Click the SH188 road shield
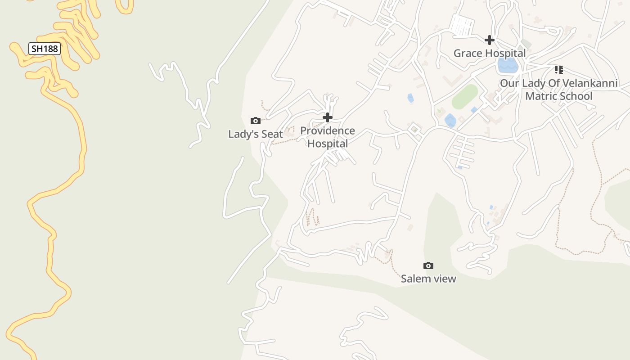45,49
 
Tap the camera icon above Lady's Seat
256,121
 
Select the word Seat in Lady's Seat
272,134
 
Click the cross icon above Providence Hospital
328,118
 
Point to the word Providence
328,131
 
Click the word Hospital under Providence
328,144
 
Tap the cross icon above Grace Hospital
490,40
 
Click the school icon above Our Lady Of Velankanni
558,70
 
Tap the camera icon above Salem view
428,266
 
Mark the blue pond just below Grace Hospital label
508,66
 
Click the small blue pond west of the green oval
410,98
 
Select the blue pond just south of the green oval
450,121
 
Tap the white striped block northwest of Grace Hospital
463,26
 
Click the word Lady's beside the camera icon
242,134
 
